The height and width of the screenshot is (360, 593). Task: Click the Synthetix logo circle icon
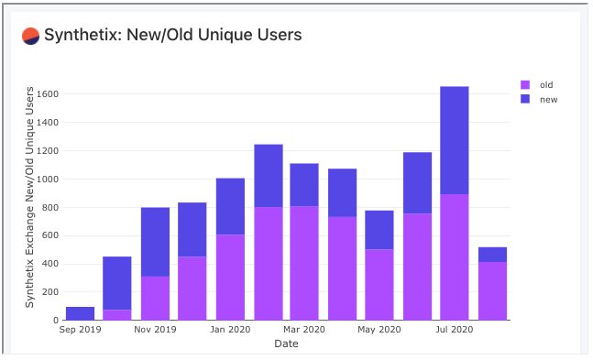click(x=30, y=36)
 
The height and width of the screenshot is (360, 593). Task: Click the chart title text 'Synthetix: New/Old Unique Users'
click(x=173, y=36)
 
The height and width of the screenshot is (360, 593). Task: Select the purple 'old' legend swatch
click(x=525, y=85)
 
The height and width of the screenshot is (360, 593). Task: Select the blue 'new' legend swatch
click(x=525, y=99)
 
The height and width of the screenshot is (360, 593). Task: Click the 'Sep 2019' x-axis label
click(x=80, y=330)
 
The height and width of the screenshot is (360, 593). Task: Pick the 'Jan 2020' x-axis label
click(x=230, y=330)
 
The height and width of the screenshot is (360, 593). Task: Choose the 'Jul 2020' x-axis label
click(x=455, y=330)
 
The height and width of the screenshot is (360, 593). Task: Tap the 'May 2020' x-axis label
click(x=379, y=330)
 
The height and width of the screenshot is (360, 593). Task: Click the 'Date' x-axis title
click(x=286, y=344)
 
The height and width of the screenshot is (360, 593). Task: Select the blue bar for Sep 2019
click(x=80, y=313)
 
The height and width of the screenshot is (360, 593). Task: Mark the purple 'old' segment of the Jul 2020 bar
click(x=455, y=256)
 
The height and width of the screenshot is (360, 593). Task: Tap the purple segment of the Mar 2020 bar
click(x=304, y=263)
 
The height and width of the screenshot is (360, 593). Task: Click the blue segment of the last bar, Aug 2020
click(x=492, y=255)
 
